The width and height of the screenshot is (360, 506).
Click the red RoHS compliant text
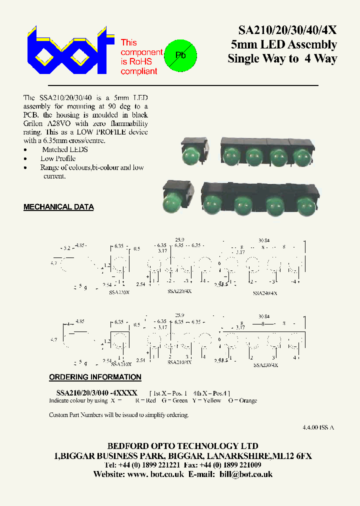click(141, 57)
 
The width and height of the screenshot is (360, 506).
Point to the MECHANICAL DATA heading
click(58, 207)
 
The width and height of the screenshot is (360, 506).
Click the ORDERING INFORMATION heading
click(95, 377)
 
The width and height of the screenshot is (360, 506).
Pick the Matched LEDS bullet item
click(64, 149)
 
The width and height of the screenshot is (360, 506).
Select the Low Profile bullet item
click(57, 158)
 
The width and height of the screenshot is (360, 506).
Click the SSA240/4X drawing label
click(264, 293)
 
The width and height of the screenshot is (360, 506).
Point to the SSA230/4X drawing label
click(264, 365)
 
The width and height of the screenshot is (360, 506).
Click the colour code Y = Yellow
click(207, 400)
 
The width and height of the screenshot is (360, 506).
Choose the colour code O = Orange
click(242, 400)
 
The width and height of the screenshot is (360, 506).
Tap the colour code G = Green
click(175, 400)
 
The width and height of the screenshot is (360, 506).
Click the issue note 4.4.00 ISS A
click(318, 427)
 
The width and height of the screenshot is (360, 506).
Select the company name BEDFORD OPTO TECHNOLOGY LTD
click(183, 446)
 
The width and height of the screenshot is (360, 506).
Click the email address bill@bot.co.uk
click(246, 474)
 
